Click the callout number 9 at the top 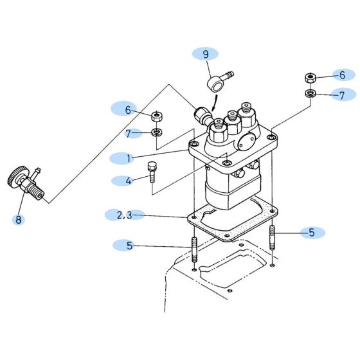(206, 54)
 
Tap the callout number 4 (128, 181)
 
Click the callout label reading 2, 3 (125, 215)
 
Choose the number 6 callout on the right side (343, 75)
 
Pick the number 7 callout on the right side (343, 95)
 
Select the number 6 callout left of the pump (128, 110)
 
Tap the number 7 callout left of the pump (128, 133)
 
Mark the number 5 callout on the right (312, 233)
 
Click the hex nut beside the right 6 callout (309, 78)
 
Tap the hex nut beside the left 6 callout (156, 116)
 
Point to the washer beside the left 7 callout (156, 133)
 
